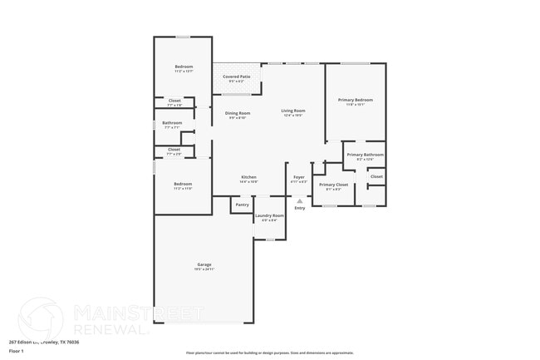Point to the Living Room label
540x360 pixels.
pos(293,111)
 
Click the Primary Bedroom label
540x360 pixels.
pos(355,100)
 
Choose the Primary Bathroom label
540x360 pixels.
pos(366,155)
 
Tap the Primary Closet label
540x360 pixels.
pos(334,185)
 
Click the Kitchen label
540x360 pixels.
pos(248,177)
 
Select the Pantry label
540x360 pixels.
pos(242,205)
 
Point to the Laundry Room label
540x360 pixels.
pos(269,215)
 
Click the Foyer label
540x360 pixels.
pos(299,177)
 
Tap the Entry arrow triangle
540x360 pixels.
pos(300,200)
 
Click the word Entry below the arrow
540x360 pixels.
pos(300,208)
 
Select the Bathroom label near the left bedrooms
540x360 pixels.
pos(171,123)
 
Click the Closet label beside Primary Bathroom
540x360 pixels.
pos(376,176)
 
